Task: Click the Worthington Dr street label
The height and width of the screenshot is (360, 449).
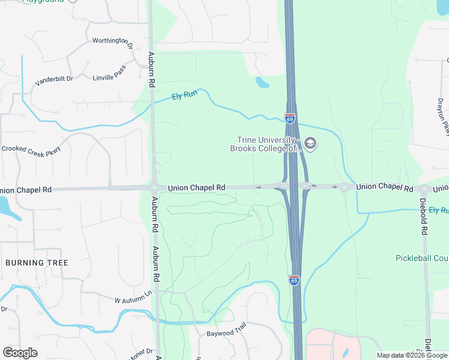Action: point(112,41)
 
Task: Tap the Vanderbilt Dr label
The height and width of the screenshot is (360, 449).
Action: point(53,79)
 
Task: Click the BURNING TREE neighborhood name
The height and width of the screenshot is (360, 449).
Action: point(37,263)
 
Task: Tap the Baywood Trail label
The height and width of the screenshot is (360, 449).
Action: point(227,333)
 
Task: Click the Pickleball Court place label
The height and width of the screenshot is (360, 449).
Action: point(422,258)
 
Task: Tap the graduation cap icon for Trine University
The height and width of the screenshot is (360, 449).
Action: point(310,143)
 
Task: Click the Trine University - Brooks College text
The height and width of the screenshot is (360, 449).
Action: point(265,145)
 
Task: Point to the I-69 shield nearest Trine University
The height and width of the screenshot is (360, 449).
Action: point(290,118)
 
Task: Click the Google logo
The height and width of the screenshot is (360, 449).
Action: point(20,353)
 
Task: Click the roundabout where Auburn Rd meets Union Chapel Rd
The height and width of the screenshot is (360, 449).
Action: point(154,187)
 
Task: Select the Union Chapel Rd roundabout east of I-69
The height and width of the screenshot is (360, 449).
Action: point(345,187)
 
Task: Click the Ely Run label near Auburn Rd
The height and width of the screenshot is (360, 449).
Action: point(184,96)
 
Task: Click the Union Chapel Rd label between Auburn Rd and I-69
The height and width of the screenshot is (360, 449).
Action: point(196,188)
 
